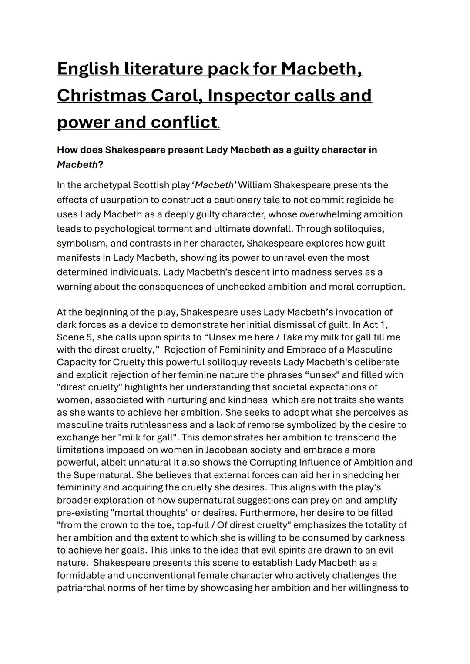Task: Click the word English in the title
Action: pos(88,69)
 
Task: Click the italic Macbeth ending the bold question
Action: pos(77,165)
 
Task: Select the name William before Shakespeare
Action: pos(255,185)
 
